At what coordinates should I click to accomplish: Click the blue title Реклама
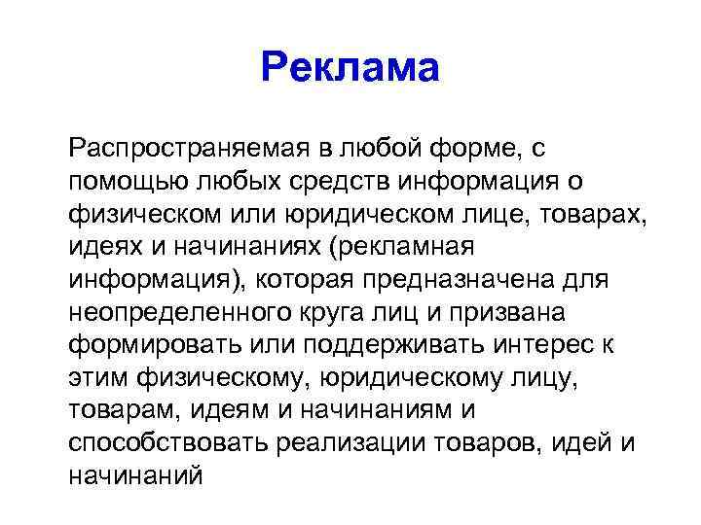[x=350, y=68]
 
